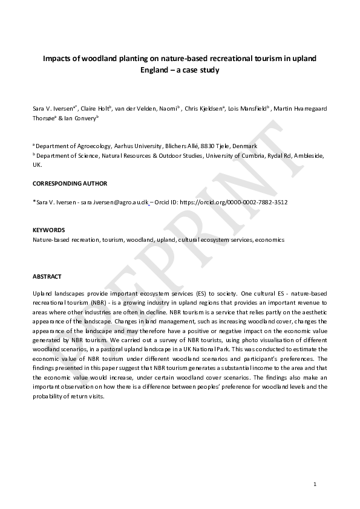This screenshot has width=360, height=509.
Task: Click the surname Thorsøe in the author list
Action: click(x=44, y=118)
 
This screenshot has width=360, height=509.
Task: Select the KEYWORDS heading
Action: click(x=48, y=230)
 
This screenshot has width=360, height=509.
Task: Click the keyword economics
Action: click(x=270, y=239)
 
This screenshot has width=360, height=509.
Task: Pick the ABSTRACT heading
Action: click(x=47, y=276)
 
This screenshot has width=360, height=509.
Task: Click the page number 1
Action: click(x=315, y=484)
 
